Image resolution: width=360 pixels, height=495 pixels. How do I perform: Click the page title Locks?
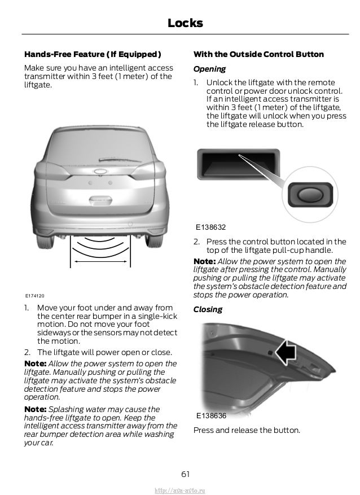(185, 23)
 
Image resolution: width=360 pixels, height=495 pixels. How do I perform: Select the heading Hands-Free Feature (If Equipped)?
(93, 55)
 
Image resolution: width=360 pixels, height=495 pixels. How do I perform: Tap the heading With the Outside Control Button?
(258, 55)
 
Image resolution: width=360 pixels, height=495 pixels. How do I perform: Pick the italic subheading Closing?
(208, 309)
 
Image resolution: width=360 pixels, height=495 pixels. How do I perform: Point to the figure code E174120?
(35, 296)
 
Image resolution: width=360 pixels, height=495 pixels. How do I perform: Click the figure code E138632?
(210, 227)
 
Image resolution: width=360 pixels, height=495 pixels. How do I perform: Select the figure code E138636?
(211, 416)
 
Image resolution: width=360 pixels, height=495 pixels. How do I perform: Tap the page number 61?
(185, 471)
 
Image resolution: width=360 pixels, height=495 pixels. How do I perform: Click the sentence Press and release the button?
(247, 431)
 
